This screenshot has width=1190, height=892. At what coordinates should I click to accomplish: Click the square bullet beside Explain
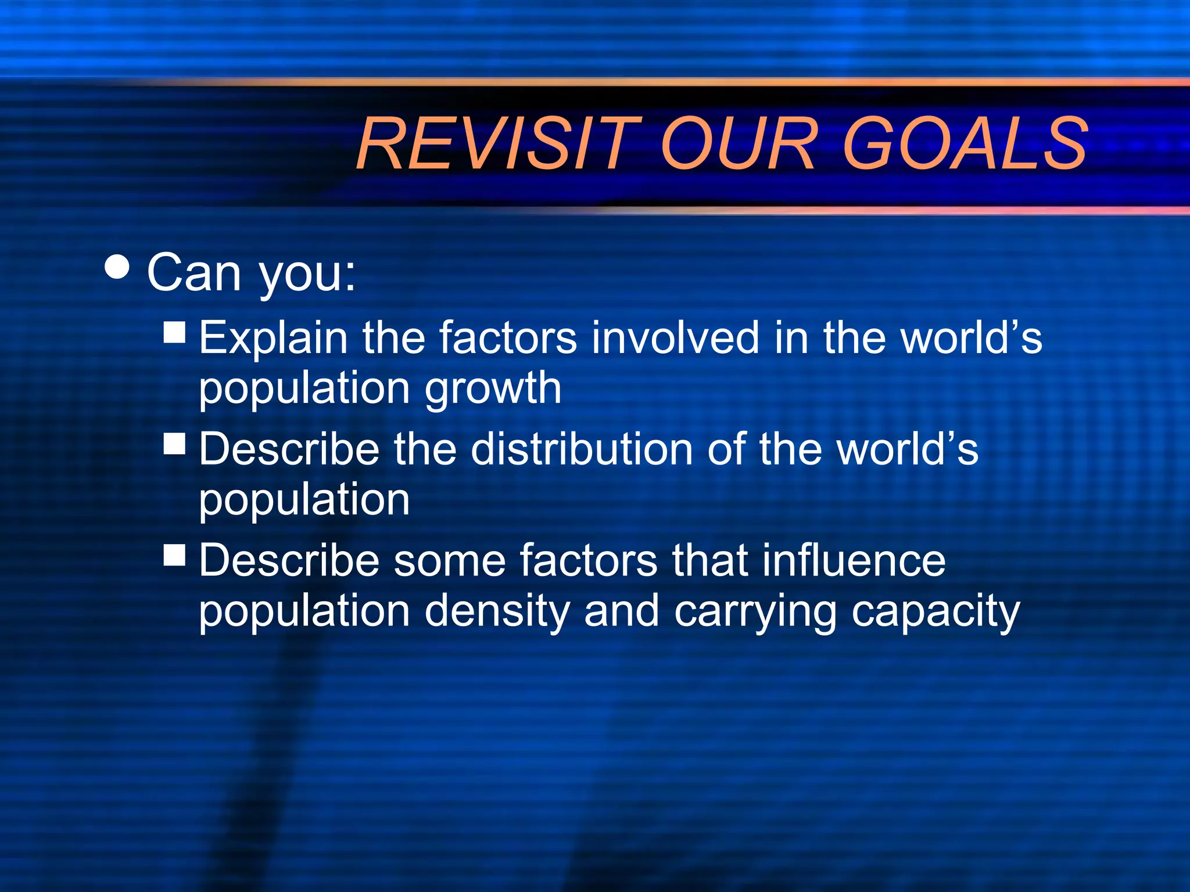tap(174, 333)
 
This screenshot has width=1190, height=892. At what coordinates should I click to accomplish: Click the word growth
tap(493, 389)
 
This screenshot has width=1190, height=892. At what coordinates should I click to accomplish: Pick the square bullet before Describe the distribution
tap(174, 444)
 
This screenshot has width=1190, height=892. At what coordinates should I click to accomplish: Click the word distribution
tap(582, 449)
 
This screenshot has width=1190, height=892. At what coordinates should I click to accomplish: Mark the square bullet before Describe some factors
tap(174, 555)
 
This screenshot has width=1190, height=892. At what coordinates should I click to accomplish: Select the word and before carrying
tap(621, 612)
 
